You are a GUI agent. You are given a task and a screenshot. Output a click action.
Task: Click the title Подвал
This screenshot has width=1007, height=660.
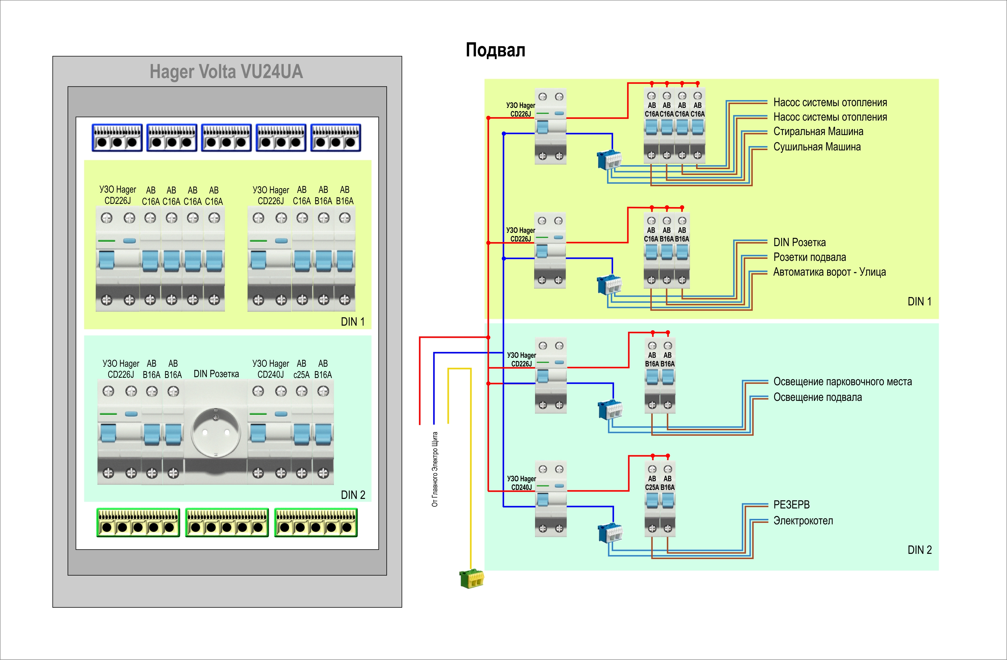(x=495, y=50)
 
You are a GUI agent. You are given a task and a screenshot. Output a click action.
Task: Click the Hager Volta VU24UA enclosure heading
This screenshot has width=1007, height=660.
(x=226, y=71)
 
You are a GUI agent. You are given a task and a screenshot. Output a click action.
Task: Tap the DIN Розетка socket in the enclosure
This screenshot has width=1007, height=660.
(x=216, y=432)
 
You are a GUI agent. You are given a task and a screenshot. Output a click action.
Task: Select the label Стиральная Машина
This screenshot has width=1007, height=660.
(x=818, y=132)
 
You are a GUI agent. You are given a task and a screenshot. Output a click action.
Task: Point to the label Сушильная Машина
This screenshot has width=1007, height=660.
(x=817, y=147)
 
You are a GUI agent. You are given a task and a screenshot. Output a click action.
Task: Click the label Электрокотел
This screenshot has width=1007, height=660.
(x=803, y=521)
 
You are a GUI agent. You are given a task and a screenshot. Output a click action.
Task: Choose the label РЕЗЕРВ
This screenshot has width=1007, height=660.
(x=791, y=505)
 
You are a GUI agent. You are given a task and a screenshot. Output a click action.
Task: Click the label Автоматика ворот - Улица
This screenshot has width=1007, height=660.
(x=829, y=272)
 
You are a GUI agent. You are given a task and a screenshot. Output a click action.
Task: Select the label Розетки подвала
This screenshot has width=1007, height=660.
(x=809, y=257)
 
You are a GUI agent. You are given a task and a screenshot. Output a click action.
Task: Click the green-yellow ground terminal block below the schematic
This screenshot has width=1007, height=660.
(x=472, y=578)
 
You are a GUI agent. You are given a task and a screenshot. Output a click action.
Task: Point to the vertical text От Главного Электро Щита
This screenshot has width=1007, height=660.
(x=435, y=469)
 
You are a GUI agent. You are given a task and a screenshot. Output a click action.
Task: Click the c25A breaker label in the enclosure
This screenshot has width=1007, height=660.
(x=301, y=375)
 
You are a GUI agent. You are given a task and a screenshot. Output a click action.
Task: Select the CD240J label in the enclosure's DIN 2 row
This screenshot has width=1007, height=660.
(x=270, y=375)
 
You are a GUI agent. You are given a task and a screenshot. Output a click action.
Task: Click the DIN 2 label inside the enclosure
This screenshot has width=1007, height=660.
(x=353, y=495)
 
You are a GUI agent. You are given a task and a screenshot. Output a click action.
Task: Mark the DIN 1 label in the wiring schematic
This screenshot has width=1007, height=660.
(x=919, y=302)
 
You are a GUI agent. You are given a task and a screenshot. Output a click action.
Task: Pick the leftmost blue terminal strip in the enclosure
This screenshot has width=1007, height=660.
(x=117, y=137)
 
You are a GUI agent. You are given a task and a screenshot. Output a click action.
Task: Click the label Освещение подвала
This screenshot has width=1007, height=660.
(x=818, y=398)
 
